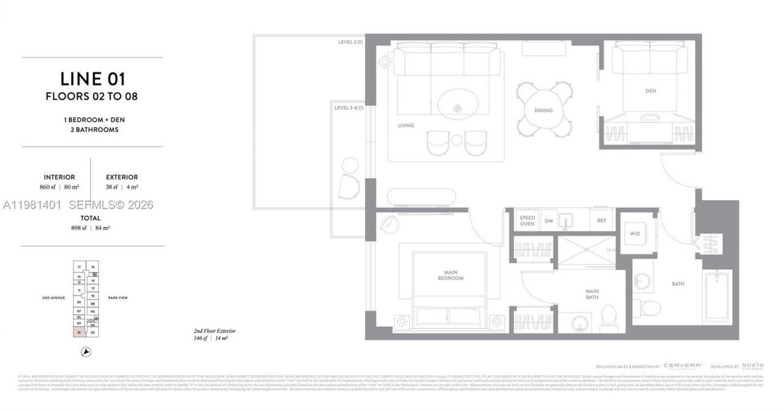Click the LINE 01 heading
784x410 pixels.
pos(92,78)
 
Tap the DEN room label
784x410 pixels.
pos(650,91)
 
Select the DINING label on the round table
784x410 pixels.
pos(543,111)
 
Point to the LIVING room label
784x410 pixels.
pos(405,125)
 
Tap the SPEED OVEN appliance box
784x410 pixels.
pos(527,221)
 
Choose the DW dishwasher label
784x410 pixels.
pos(549,222)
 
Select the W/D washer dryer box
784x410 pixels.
pos(635,233)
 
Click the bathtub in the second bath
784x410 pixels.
pos(717,296)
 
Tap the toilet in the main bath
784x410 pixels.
pos(609,316)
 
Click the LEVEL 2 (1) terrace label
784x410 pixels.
pos(350,42)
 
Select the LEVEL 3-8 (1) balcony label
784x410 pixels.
pos(349,108)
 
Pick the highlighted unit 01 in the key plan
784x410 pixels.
pos(79,332)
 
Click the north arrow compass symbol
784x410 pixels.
pos(86,352)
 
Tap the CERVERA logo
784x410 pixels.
pos(682,366)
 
